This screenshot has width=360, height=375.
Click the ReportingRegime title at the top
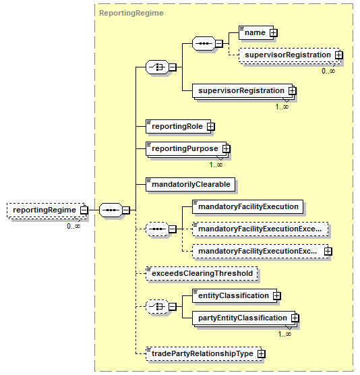(131, 13)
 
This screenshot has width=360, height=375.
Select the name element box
(256, 32)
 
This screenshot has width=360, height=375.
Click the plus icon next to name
(273, 33)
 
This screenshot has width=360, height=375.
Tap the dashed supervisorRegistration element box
(289, 55)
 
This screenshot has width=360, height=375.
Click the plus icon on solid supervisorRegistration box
(292, 91)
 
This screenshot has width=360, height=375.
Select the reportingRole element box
(179, 126)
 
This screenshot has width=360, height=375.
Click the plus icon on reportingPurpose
(226, 149)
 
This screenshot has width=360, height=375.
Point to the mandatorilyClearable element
(191, 184)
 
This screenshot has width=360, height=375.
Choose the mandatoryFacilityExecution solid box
(247, 206)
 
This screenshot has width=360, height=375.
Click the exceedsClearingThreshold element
(202, 273)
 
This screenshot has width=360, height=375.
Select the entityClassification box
(235, 296)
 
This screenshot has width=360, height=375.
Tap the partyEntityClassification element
(244, 318)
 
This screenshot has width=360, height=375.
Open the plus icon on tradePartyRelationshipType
(262, 353)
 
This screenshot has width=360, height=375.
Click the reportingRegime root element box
(47, 210)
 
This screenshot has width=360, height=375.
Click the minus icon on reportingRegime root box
(84, 210)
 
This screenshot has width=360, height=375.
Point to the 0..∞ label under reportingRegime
(73, 226)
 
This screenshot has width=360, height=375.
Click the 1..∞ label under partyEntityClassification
(284, 334)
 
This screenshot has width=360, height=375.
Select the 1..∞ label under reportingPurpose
(216, 165)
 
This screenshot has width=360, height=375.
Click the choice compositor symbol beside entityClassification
(157, 307)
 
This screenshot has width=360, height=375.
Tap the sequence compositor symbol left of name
(204, 44)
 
